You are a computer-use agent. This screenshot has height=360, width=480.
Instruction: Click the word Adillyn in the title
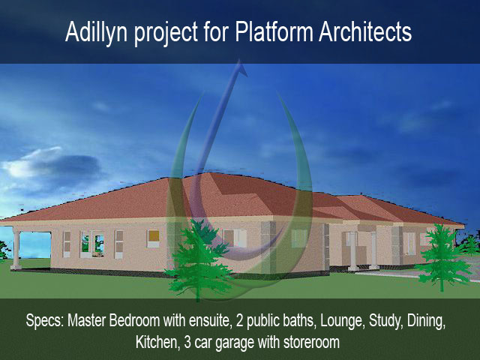(97, 32)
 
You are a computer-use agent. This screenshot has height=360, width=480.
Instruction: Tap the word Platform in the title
(274, 31)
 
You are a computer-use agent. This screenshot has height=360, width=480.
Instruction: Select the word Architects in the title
(365, 31)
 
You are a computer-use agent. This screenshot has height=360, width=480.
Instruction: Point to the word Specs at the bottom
(45, 321)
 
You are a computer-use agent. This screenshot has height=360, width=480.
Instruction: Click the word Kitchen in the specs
(156, 343)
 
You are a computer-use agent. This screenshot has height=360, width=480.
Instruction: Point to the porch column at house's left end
(16, 249)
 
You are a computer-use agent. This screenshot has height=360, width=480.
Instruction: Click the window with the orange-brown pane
(153, 238)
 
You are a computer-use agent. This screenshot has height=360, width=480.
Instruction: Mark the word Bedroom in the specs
(134, 321)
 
